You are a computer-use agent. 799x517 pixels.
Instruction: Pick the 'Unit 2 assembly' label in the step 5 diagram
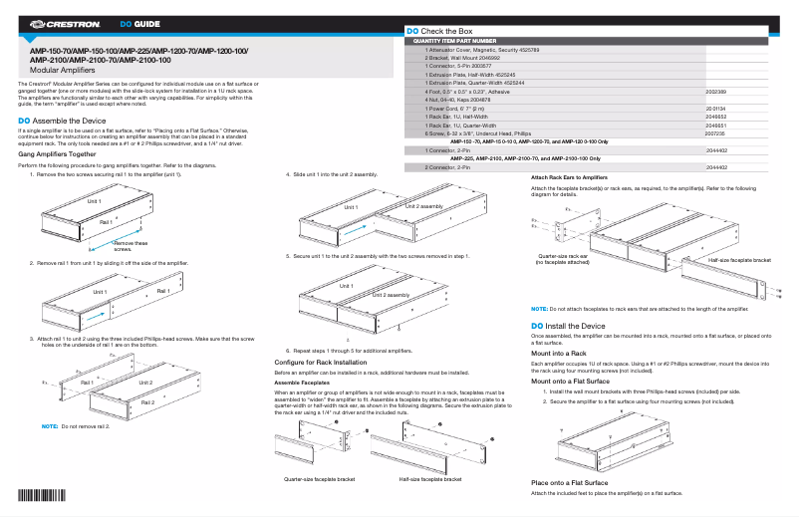[391, 296]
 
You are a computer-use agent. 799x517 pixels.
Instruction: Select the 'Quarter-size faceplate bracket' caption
[320, 479]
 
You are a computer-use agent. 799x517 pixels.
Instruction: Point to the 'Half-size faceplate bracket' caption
[430, 479]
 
